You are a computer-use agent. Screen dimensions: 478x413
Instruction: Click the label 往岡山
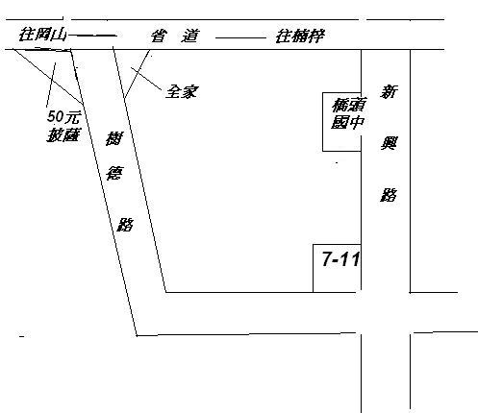coord(42,35)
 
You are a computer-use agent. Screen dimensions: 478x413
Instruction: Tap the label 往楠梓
coord(300,36)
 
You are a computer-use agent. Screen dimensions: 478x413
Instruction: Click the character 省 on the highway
coord(159,36)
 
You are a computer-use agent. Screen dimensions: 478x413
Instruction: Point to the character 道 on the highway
coord(190,36)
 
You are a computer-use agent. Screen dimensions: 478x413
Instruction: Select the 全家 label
coord(182,92)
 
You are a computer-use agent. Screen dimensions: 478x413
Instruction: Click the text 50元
coord(63,117)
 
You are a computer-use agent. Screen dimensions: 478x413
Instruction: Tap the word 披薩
coord(63,134)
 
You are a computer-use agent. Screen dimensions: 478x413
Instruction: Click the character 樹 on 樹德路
coord(114,138)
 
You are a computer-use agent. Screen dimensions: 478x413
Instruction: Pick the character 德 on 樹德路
coord(114,173)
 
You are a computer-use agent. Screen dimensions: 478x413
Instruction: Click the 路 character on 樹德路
coord(125,224)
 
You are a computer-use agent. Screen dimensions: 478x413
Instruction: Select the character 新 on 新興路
coord(389,91)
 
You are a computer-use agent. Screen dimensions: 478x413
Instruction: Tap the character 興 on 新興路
coord(389,143)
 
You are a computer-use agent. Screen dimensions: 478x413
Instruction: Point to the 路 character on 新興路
coord(389,195)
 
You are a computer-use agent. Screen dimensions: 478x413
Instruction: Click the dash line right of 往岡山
coord(92,36)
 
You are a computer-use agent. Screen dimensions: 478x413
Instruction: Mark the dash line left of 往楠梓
coord(240,38)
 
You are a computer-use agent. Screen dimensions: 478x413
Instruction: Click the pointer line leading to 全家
coord(146,78)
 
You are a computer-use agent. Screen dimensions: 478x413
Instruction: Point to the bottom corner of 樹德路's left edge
coord(137,335)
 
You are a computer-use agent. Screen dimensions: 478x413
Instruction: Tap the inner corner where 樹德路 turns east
coord(165,292)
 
